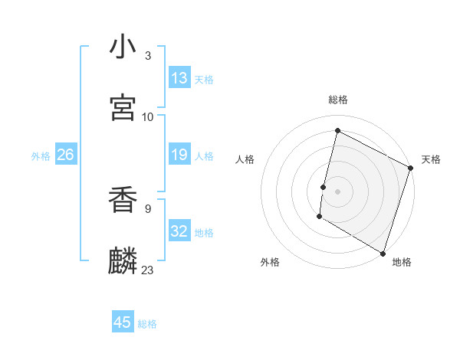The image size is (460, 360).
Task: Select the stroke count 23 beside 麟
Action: [147, 270]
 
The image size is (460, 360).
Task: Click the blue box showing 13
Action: [179, 78]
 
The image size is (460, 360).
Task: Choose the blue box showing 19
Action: [179, 155]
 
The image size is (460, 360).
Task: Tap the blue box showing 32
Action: [179, 231]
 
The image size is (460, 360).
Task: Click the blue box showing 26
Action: [65, 155]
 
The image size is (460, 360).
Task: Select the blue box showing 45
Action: [123, 322]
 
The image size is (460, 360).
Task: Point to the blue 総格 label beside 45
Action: [147, 324]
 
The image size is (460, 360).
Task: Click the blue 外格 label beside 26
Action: [41, 155]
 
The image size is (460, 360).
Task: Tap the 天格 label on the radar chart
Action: [431, 159]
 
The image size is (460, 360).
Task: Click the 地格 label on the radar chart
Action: [402, 262]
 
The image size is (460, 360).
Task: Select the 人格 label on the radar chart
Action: [245, 159]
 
